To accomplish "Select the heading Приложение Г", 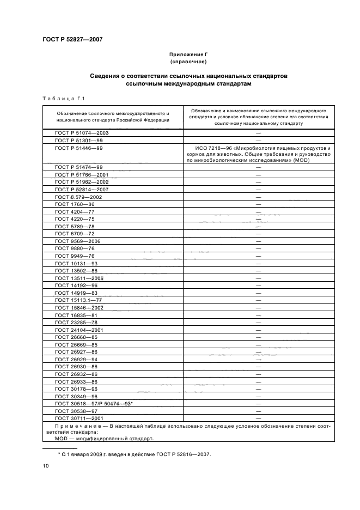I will pos(188,56).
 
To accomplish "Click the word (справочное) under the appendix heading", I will pos(188,63).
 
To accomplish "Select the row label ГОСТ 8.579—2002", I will pos(78,196).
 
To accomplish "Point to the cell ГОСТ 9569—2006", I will pos(77,241).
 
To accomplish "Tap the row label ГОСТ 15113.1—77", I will pos(78,300).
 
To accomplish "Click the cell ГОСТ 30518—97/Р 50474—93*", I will pos(94,404).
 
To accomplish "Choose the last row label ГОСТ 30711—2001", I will pos(79,418).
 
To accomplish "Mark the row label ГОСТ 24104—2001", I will pos(79,330).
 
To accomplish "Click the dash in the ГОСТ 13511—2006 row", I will pos(258,278).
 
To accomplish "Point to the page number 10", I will pos(46,466).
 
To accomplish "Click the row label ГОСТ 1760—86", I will pos(75,204).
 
